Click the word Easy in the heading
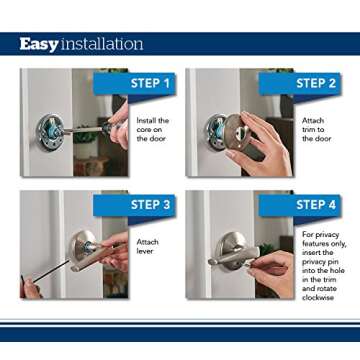click(x=39, y=44)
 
